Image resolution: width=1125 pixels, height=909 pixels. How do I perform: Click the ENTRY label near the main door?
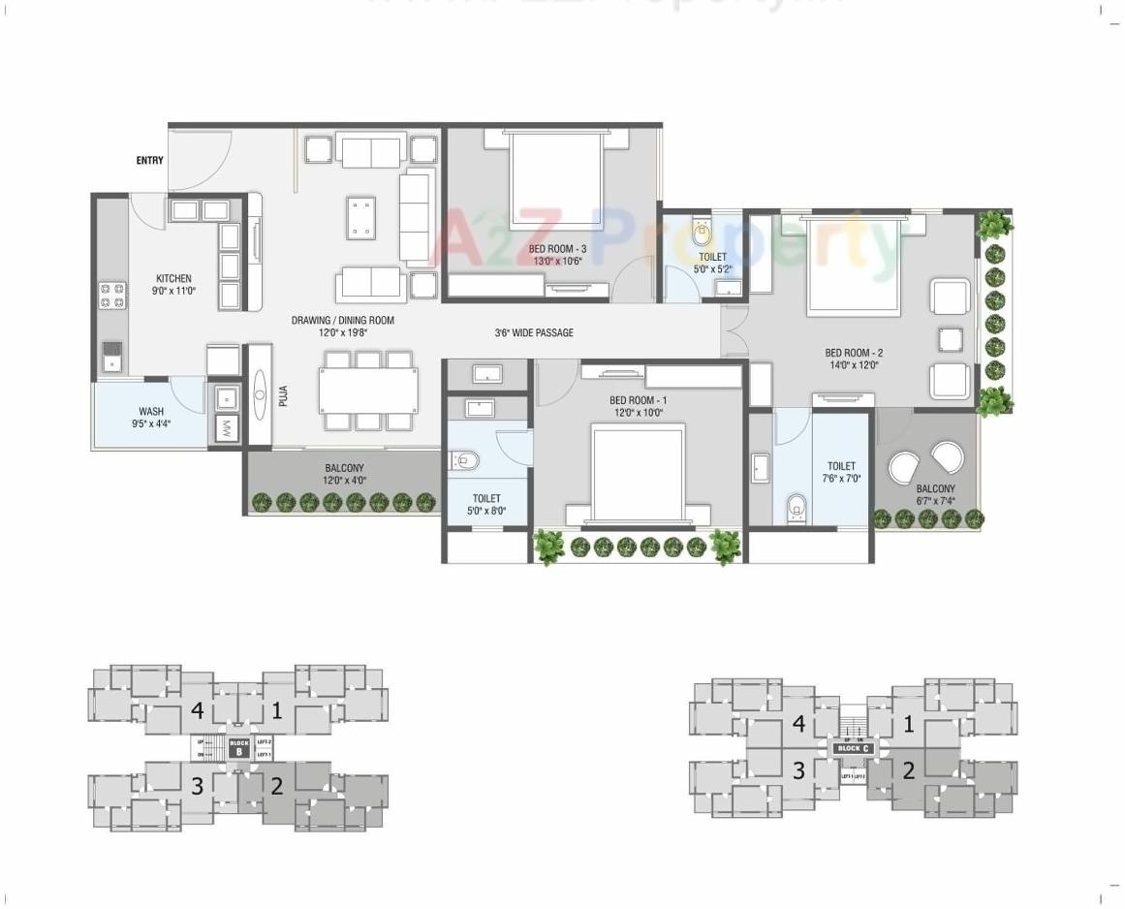(x=149, y=161)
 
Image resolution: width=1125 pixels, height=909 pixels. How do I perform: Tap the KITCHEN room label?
(x=173, y=278)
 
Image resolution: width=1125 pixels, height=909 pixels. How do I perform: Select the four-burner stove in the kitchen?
(x=112, y=295)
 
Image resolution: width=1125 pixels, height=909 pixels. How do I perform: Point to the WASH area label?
(x=151, y=412)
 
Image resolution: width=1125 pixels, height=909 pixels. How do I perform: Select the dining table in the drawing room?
(x=368, y=391)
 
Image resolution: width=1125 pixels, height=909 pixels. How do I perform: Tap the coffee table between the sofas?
(x=362, y=217)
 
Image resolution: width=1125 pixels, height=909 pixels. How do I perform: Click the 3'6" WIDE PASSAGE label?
(x=534, y=333)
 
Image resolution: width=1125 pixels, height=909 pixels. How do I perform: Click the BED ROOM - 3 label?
(x=559, y=249)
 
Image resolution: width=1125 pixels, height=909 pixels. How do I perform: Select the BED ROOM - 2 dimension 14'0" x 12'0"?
(x=854, y=365)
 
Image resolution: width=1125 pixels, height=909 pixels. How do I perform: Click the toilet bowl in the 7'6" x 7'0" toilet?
(x=796, y=505)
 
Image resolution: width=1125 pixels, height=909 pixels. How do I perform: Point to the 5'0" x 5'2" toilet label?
(x=712, y=269)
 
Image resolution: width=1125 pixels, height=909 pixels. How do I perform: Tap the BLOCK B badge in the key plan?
(x=238, y=747)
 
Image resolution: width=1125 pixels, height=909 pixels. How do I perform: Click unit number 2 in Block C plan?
(x=908, y=771)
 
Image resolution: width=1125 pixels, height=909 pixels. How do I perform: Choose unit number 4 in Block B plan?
(x=197, y=711)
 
